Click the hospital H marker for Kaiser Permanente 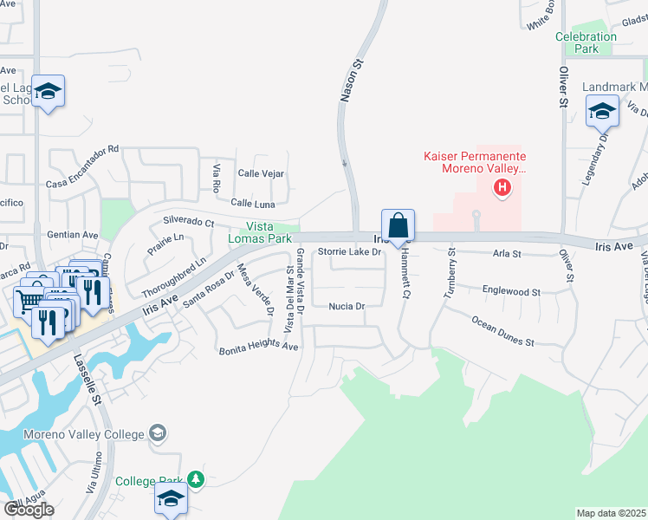[501, 186]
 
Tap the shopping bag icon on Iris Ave [398, 225]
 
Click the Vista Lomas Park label [260, 232]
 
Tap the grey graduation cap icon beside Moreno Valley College [157, 432]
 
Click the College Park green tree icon [197, 478]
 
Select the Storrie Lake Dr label [349, 252]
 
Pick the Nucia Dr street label [347, 306]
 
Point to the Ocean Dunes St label [503, 330]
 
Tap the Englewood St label [511, 293]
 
